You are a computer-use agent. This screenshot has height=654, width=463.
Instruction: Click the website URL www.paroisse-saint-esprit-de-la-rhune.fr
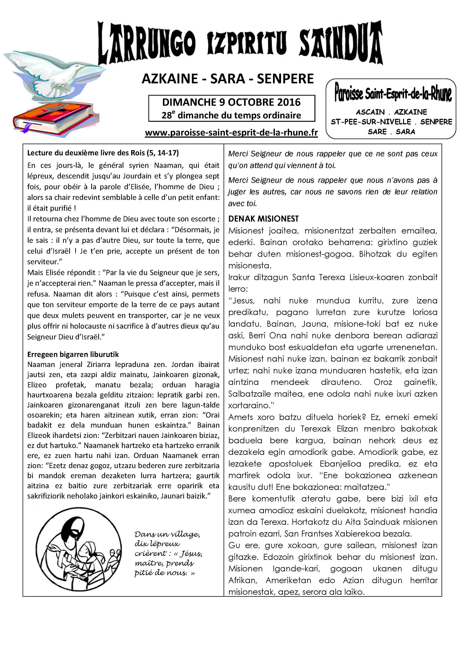click(x=231, y=133)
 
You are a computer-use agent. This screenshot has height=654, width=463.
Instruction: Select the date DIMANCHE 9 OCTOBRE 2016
click(x=231, y=102)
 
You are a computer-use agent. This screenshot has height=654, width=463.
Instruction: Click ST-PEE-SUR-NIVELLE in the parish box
click(x=371, y=122)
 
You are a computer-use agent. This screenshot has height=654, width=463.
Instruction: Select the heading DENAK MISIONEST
click(x=264, y=219)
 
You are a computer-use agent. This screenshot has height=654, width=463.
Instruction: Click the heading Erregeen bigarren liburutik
click(x=73, y=354)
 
